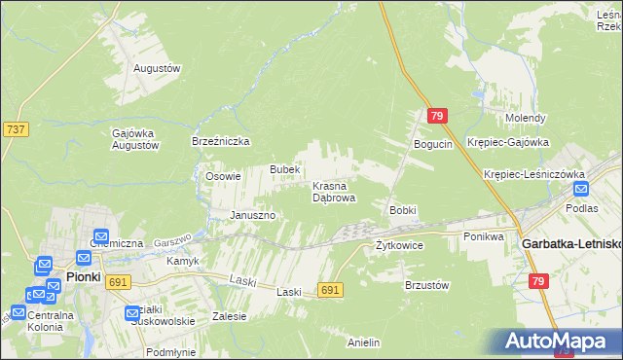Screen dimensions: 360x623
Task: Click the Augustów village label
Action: point(158,69)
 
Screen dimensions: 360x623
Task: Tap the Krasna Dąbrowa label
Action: point(333,191)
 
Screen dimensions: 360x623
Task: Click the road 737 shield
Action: point(16,128)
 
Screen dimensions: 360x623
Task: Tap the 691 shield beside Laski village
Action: point(330,290)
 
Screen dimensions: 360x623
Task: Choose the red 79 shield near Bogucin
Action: point(436,116)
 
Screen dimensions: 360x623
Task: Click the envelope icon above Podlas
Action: point(581,191)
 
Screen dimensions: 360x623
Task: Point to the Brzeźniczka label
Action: point(221,141)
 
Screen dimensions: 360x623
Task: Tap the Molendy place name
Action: point(525,118)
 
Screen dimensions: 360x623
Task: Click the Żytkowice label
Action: point(399,245)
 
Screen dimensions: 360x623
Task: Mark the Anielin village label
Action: point(363,342)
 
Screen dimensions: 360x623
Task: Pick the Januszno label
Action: point(253,215)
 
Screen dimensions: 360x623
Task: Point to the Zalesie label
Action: point(229,316)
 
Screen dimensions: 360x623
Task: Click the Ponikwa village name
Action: point(483,236)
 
